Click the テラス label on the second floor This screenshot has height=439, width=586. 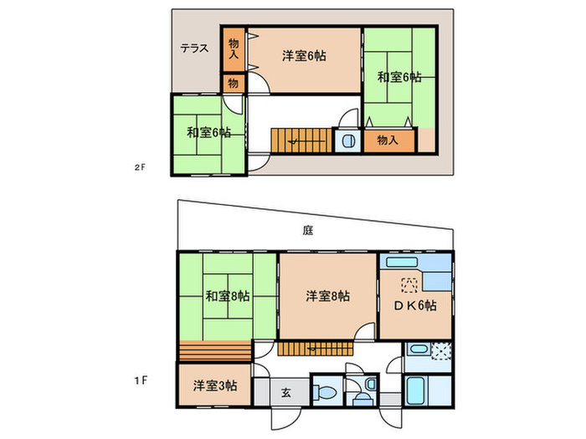[194, 48]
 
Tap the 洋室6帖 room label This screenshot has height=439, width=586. [304, 56]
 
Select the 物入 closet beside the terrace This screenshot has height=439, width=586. [234, 49]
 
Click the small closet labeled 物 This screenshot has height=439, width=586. [234, 83]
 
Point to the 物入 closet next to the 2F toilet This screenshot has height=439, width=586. [388, 140]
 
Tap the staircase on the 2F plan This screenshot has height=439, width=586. [301, 140]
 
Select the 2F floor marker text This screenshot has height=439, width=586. [140, 167]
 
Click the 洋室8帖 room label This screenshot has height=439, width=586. [327, 295]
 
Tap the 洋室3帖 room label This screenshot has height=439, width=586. [215, 385]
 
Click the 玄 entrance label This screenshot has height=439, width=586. [285, 392]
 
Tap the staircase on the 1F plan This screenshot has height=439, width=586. [314, 349]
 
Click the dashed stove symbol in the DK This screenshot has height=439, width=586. [410, 283]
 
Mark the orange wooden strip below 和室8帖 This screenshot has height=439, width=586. [214, 350]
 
